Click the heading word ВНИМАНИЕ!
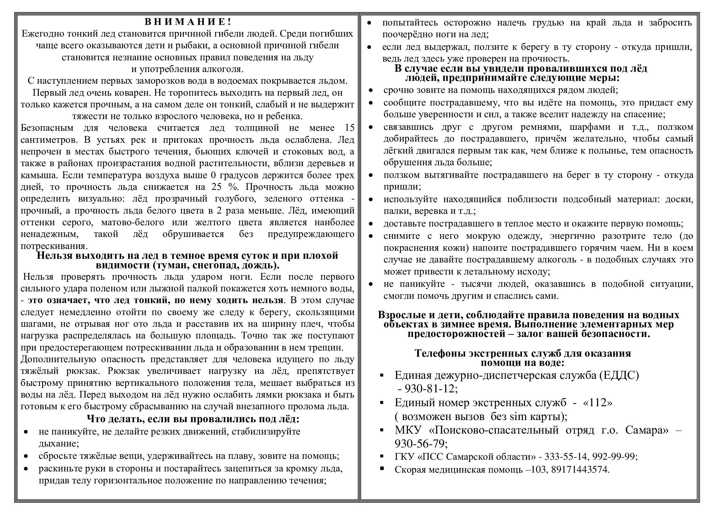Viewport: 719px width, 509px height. [x=188, y=22]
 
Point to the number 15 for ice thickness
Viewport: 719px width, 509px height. [x=350, y=128]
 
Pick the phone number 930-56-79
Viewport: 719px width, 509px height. [x=421, y=444]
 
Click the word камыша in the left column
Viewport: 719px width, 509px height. [x=39, y=175]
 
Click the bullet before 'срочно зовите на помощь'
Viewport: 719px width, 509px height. [x=371, y=90]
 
